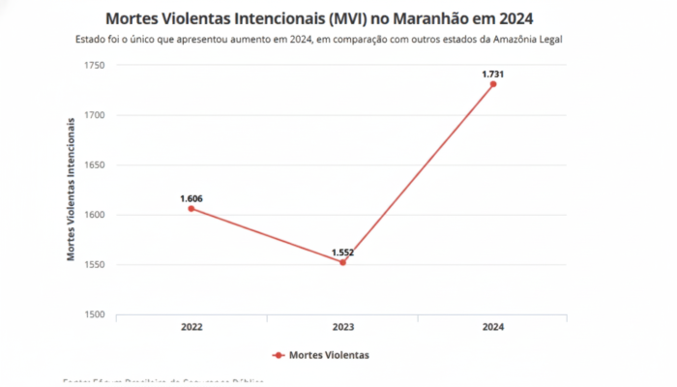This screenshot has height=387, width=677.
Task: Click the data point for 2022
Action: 191,208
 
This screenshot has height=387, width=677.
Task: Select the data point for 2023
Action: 342,262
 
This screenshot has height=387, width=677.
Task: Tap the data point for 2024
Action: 493,84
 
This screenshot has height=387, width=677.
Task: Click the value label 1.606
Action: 191,198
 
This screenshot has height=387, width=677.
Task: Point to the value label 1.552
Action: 342,252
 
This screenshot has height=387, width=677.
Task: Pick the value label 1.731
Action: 493,74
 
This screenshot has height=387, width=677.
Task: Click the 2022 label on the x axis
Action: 191,328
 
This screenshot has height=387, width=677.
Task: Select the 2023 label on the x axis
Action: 342,328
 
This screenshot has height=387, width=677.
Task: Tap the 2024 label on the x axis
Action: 493,328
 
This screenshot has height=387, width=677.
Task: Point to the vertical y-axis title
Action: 71,189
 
